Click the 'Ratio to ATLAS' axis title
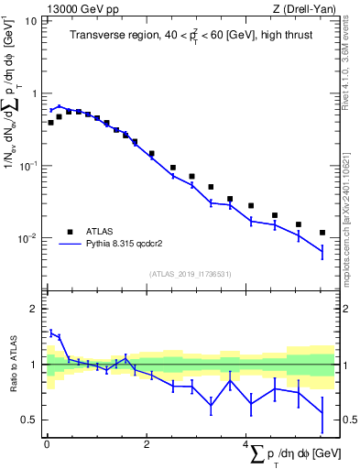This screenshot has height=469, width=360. point(13,366)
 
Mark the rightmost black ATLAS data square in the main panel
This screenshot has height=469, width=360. point(322,233)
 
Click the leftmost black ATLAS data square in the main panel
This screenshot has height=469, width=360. point(50,122)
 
